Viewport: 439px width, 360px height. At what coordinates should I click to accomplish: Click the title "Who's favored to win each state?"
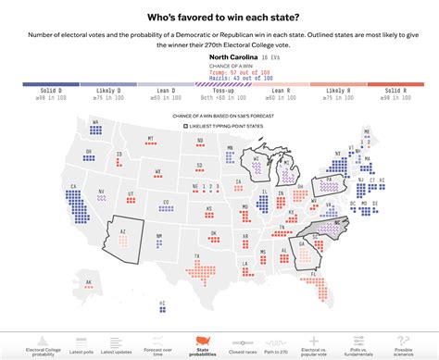point(219,17)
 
